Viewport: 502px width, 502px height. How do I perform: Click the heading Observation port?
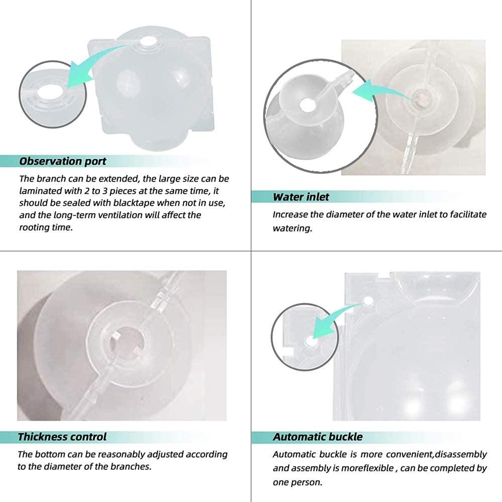[63, 162]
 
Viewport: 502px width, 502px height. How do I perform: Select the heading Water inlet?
[301, 196]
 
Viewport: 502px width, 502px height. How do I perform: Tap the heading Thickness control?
[62, 437]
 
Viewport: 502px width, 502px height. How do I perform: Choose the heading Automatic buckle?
[318, 437]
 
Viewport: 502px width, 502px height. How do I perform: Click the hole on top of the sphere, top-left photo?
[149, 43]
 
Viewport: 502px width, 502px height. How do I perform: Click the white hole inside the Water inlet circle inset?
[307, 105]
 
